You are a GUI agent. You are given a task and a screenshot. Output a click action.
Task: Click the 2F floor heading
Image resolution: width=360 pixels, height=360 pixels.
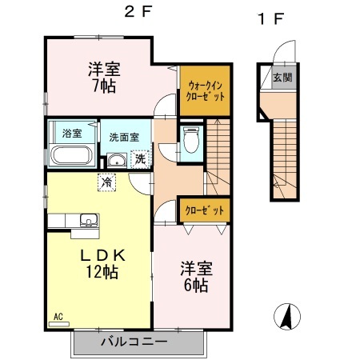138,12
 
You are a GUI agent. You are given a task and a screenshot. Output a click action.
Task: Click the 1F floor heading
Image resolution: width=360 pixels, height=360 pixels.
271,18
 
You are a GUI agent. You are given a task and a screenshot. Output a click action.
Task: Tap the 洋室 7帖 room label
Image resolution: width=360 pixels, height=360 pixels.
104,78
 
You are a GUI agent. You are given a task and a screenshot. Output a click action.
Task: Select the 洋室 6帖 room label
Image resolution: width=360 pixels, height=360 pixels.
196,277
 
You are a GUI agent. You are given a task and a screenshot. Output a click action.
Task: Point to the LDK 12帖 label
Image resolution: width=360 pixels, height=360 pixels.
102,264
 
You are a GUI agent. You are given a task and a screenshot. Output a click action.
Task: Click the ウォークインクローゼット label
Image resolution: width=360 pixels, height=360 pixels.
205,91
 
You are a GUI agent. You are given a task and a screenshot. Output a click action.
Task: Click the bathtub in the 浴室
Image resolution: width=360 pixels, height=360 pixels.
72,155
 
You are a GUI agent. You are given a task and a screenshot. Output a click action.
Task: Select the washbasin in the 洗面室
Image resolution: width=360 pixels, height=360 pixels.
117,161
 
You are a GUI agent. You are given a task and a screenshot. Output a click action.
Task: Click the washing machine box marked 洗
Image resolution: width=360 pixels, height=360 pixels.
140,159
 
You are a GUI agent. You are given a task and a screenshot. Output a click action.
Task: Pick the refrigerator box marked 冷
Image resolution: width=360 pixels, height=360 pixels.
106,182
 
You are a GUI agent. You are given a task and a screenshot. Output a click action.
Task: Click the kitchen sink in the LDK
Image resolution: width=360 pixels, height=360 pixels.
89,220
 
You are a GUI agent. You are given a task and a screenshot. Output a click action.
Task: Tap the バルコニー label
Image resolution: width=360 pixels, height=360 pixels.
134,342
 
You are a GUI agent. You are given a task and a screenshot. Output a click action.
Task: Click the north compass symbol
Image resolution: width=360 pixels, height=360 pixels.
287,317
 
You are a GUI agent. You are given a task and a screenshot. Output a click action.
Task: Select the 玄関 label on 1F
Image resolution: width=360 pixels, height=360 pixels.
282,78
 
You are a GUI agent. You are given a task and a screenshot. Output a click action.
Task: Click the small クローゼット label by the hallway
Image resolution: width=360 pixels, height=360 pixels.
205,210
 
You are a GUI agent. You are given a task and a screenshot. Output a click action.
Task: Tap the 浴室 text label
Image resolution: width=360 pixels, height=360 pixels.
72,133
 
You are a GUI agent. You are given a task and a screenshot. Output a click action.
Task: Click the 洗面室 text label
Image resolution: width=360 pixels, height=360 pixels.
124,138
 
